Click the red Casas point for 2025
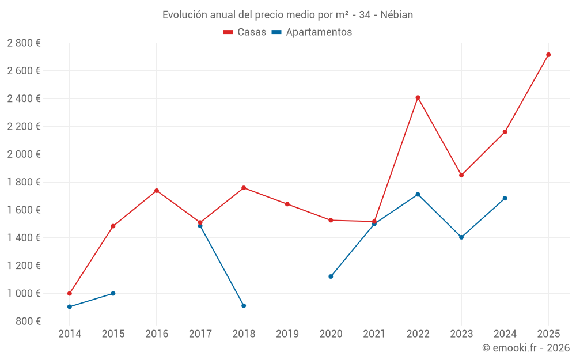click(548, 55)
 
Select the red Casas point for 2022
click(418, 97)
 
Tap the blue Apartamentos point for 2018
click(244, 305)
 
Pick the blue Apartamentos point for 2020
click(331, 276)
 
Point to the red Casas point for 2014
click(70, 293)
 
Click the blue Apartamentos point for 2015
click(113, 293)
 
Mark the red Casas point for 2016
click(157, 191)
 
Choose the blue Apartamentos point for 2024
click(505, 198)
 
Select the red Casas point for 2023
click(461, 175)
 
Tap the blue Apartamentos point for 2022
click(418, 194)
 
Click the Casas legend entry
click(245, 32)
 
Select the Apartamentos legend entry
click(312, 32)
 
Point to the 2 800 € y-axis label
click(24, 43)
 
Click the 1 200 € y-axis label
click(24, 266)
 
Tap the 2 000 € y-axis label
click(24, 154)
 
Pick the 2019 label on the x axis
click(287, 334)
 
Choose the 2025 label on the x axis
click(548, 334)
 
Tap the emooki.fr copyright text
click(526, 348)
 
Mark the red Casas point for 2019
click(287, 204)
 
